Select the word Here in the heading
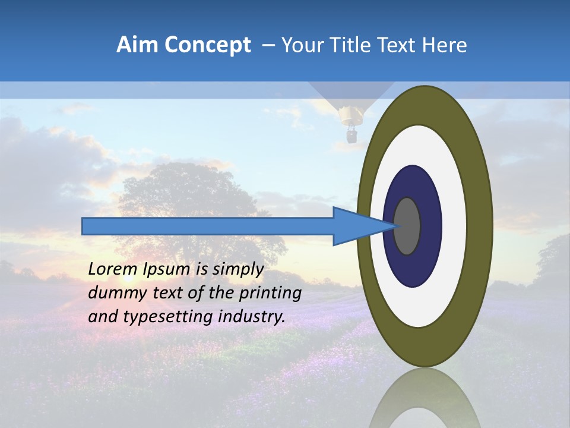coord(445,45)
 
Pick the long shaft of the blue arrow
coord(208,226)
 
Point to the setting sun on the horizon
coord(127,277)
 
